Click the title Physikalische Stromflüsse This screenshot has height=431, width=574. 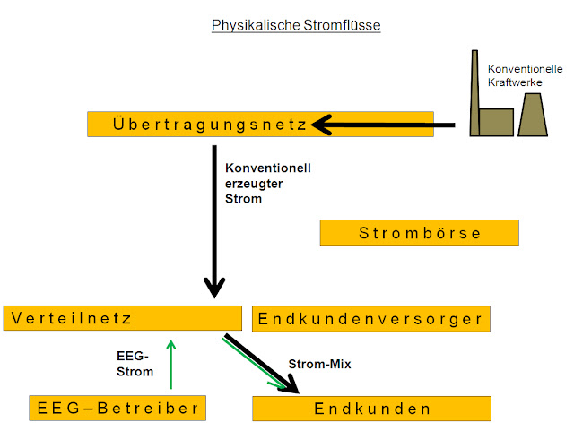click(296, 26)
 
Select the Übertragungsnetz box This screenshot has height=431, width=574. click(260, 125)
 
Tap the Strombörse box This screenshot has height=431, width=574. click(420, 233)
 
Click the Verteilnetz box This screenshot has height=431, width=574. click(123, 318)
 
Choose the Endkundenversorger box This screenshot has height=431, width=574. click(371, 319)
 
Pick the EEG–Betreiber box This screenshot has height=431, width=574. click(117, 408)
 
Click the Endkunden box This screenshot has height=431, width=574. click(371, 409)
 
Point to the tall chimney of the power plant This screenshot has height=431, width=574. click(474, 93)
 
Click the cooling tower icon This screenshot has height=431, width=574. click(533, 115)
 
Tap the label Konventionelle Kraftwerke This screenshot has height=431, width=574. click(525, 75)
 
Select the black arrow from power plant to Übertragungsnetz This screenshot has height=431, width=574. click(384, 125)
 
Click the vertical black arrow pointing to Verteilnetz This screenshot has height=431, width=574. click(214, 221)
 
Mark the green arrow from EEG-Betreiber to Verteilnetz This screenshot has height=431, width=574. click(171, 365)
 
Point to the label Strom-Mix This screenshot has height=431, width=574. click(319, 364)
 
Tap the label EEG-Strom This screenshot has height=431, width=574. click(135, 364)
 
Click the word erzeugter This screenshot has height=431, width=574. click(254, 184)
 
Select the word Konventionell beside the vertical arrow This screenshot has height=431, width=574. click(268, 168)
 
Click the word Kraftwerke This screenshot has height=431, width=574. click(515, 82)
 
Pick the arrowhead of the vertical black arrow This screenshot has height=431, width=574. click(214, 288)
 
